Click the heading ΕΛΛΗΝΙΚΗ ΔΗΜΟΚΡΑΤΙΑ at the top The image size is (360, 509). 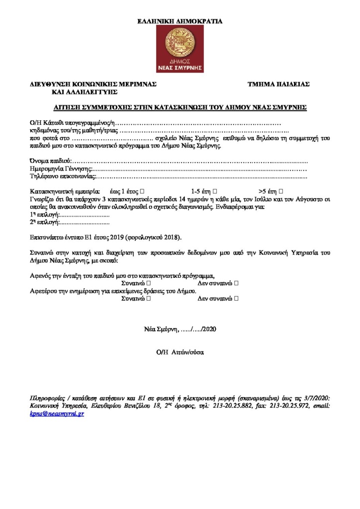pyautogui.click(x=180, y=21)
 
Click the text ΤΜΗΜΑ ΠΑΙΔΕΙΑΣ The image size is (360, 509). pyautogui.click(x=278, y=85)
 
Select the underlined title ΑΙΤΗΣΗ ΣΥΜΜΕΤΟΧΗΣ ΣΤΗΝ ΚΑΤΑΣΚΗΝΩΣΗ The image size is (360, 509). pyautogui.click(x=180, y=107)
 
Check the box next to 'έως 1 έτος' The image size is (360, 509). pyautogui.click(x=143, y=191)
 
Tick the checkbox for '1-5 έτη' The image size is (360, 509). pyautogui.click(x=215, y=191)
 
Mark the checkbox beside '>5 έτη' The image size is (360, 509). pyautogui.click(x=281, y=191)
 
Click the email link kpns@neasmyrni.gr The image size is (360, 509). pyautogui.click(x=57, y=414)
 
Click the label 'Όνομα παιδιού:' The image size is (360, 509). pyautogui.click(x=51, y=162)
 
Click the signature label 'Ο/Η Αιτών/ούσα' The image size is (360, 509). pyautogui.click(x=180, y=352)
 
